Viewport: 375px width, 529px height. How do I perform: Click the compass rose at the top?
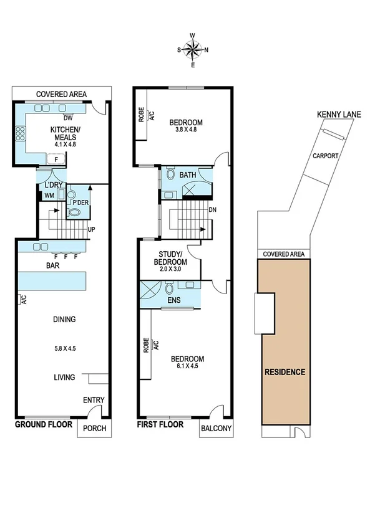193,49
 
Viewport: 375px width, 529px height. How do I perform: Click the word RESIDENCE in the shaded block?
285,372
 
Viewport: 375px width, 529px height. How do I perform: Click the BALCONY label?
217,428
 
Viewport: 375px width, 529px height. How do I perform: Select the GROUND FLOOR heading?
42,425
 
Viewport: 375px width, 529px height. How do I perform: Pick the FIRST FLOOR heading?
160,425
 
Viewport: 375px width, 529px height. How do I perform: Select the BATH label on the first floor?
187,175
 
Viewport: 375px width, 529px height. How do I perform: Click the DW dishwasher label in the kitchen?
69,117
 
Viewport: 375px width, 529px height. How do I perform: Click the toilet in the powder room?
74,212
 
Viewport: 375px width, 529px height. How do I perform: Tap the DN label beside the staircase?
212,209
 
